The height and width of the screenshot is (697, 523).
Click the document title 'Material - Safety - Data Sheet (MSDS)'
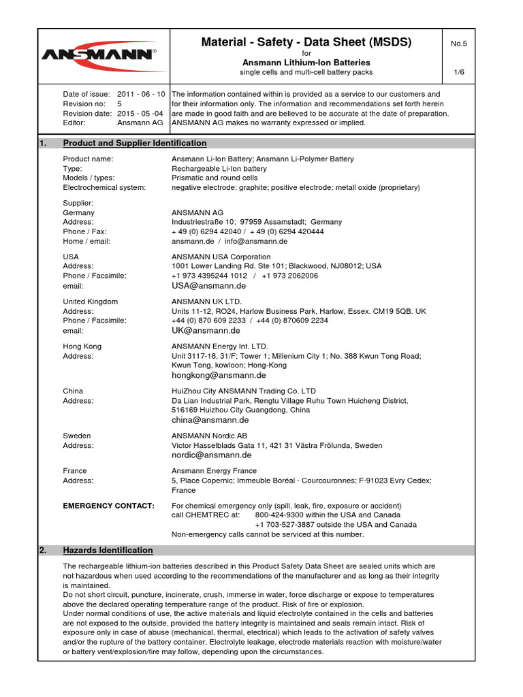(x=306, y=42)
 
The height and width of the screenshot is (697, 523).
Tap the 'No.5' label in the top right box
(x=458, y=44)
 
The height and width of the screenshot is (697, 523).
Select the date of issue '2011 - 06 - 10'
(x=141, y=94)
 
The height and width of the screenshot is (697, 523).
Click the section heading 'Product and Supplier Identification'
(x=135, y=143)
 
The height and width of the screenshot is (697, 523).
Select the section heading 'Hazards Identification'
(x=108, y=550)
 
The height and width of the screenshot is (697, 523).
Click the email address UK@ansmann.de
(x=206, y=331)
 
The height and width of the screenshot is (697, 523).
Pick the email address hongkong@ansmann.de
(x=219, y=375)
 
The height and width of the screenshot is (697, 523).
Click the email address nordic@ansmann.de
(x=212, y=455)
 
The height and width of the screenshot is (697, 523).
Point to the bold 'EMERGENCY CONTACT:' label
(x=108, y=506)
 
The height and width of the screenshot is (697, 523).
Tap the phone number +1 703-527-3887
(x=286, y=525)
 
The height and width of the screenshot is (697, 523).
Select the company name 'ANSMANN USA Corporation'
(x=221, y=257)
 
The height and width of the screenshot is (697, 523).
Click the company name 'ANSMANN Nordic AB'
(x=209, y=436)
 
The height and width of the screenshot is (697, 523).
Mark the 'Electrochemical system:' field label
(x=104, y=187)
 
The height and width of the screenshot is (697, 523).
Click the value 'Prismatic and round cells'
(x=215, y=178)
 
